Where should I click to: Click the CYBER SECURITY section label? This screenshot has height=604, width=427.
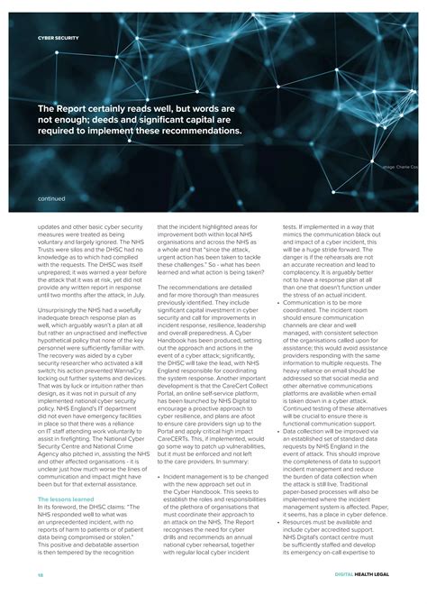58,38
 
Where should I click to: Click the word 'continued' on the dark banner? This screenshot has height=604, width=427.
52,198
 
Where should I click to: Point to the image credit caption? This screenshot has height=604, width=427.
400,168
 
